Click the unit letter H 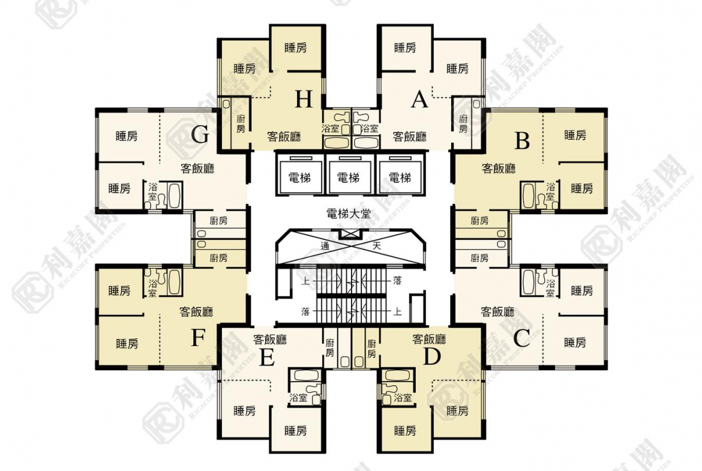point(304,100)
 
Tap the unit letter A point(419,100)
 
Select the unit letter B point(522,140)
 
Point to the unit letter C point(521,338)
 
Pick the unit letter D point(431,357)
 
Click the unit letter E point(267,357)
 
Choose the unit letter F point(197,338)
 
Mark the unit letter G point(200,134)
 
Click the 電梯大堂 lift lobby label point(349,214)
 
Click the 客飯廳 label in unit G point(197,169)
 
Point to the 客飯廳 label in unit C point(497,311)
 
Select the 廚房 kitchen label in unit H point(241,124)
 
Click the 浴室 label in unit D point(403,397)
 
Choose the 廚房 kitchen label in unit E point(330,348)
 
